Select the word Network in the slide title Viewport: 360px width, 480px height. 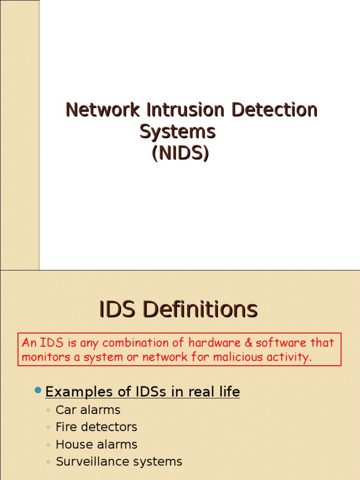click(x=103, y=110)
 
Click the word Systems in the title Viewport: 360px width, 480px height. click(x=178, y=132)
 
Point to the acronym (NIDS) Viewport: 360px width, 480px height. click(x=180, y=153)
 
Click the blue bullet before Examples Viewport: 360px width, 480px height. click(x=38, y=390)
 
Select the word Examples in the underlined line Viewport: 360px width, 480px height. click(x=79, y=392)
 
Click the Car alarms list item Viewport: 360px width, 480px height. click(x=88, y=410)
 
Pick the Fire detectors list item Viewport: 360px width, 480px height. click(x=97, y=427)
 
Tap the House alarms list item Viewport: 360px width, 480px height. click(x=97, y=444)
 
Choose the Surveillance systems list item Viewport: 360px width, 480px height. click(x=119, y=462)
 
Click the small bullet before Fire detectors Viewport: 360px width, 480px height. click(x=49, y=427)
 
